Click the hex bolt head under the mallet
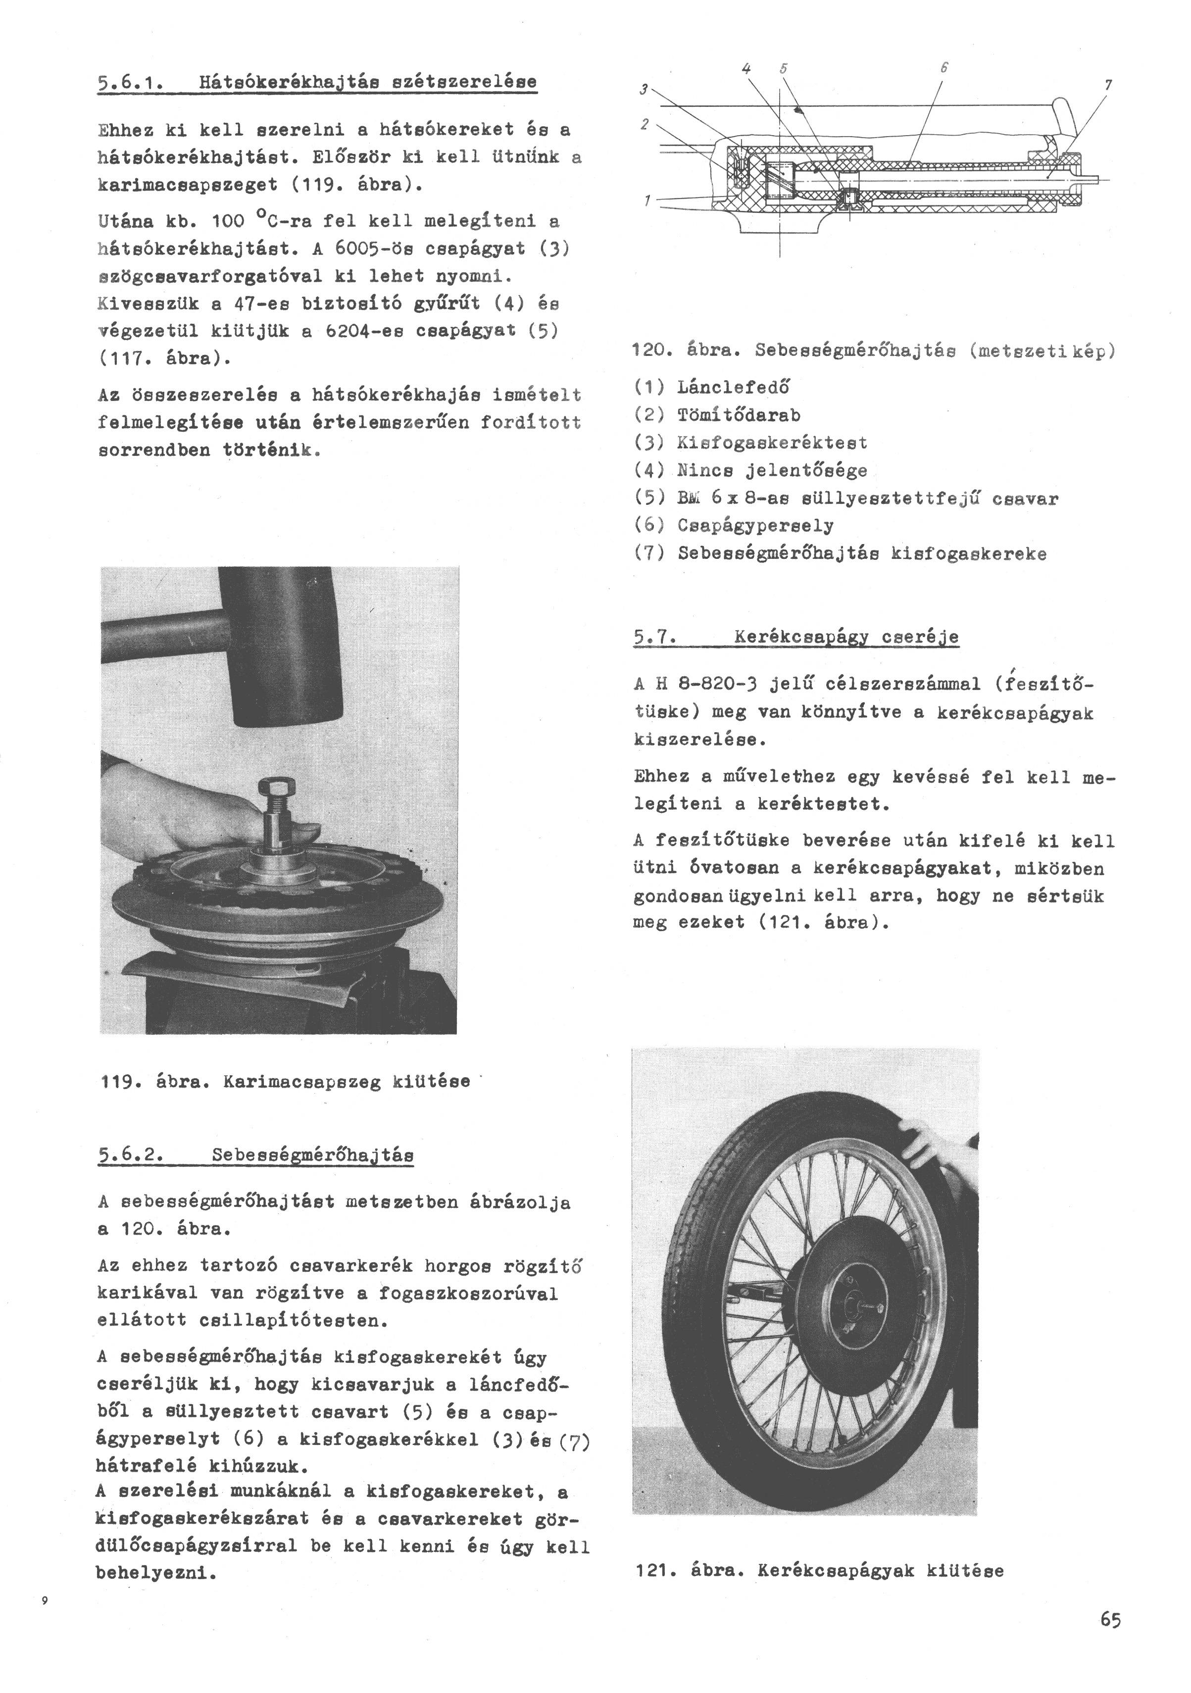click(278, 791)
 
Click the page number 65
click(1110, 1620)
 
